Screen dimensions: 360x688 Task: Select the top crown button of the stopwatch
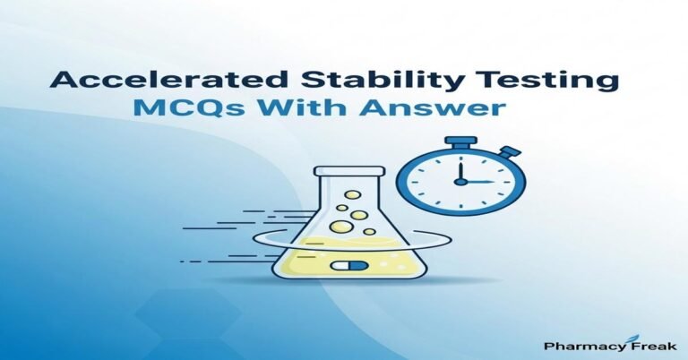pos(459,141)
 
